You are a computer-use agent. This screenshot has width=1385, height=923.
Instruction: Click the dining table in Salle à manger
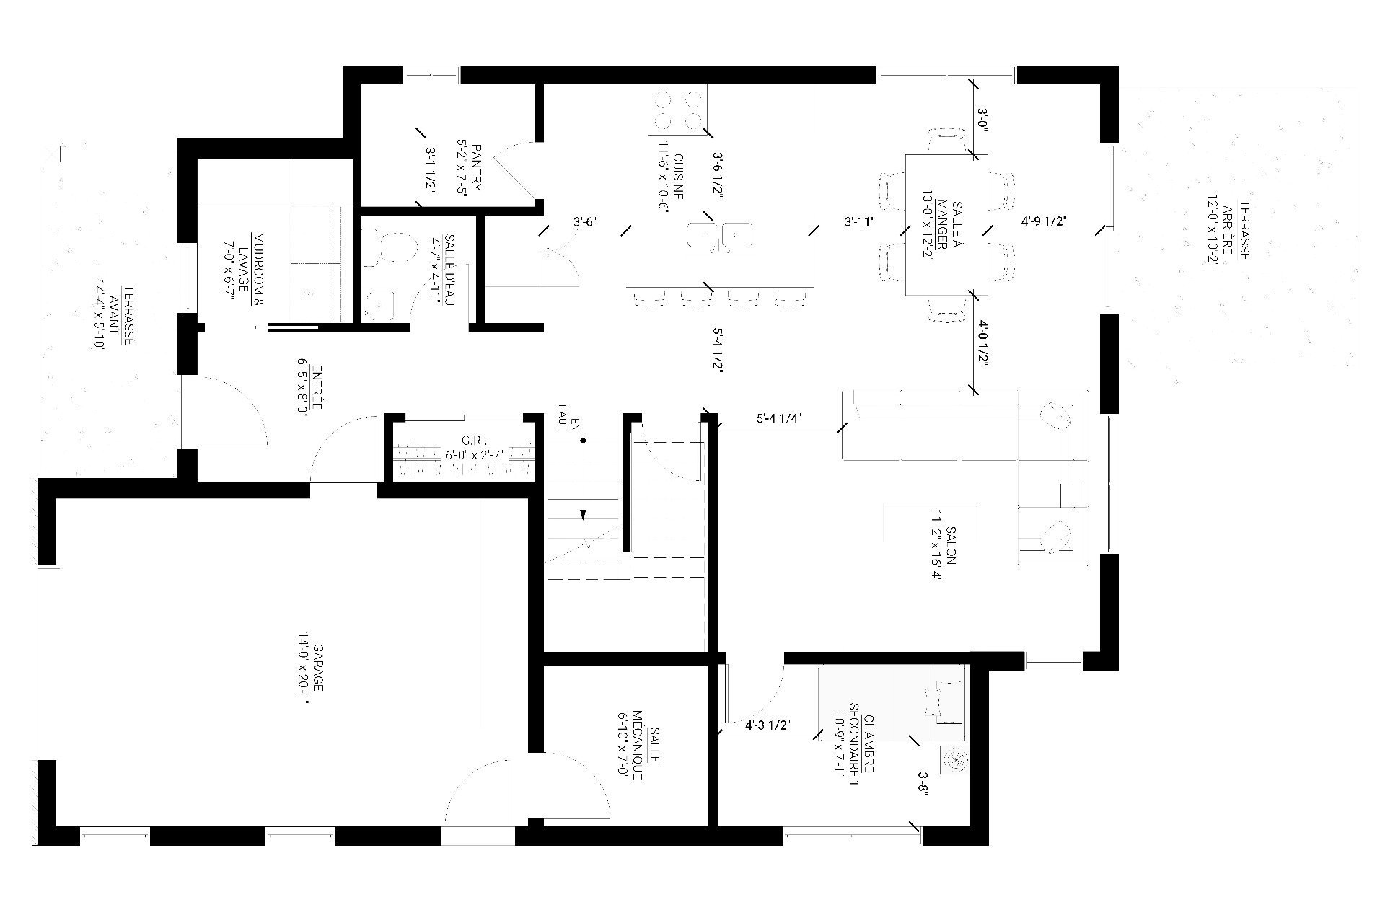(x=946, y=224)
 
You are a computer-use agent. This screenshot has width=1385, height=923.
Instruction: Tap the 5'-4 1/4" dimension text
(x=780, y=418)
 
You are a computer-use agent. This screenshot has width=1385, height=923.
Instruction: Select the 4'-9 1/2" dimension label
(x=1044, y=221)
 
